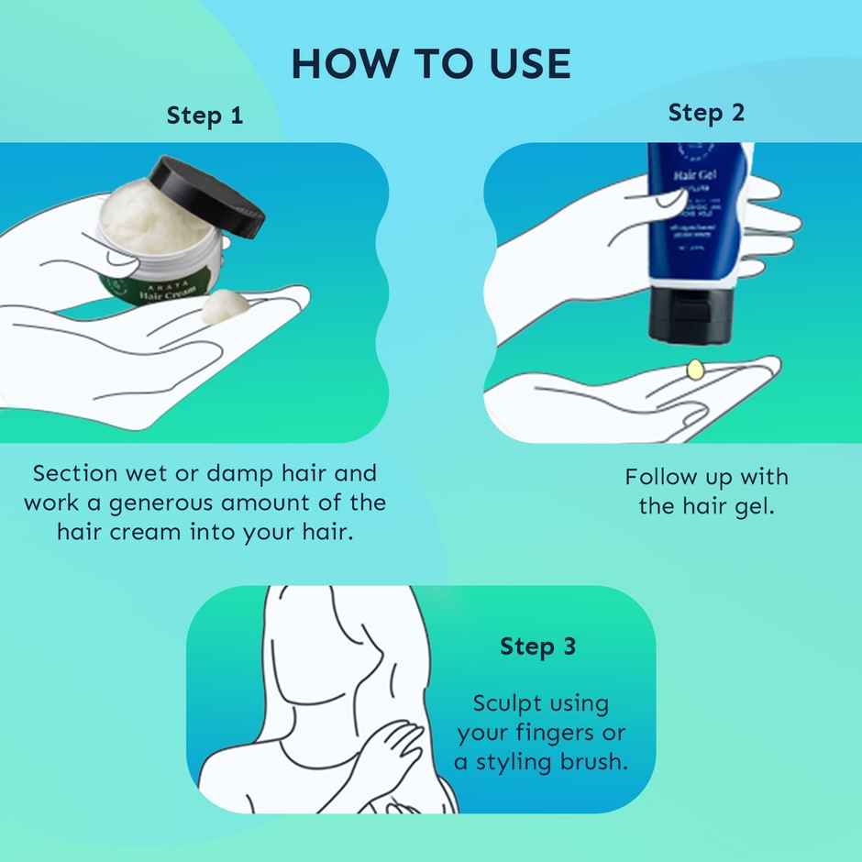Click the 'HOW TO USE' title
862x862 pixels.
430,63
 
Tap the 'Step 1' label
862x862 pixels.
204,116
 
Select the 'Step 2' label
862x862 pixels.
706,113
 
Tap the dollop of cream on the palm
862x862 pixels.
225,305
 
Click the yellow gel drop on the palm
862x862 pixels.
693,369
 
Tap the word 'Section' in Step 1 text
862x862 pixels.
75,474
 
